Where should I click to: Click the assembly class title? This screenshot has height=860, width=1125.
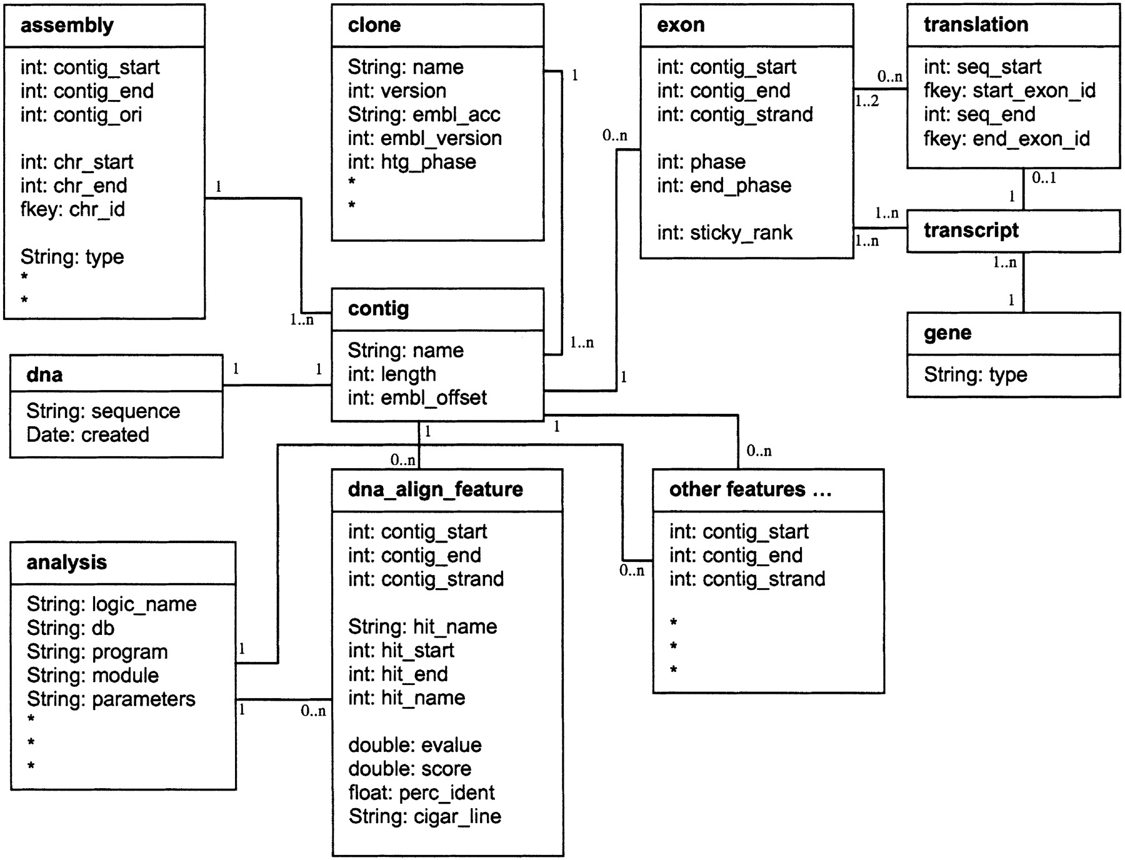(x=67, y=26)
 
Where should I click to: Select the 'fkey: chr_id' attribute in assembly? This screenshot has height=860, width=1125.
(x=72, y=209)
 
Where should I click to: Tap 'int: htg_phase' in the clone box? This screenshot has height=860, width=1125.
(x=412, y=162)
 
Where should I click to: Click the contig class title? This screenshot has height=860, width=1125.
(x=378, y=309)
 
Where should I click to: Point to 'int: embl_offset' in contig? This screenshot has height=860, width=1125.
(x=417, y=398)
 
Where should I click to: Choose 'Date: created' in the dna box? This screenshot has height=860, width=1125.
(x=87, y=435)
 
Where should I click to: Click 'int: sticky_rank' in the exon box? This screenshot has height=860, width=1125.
(x=724, y=233)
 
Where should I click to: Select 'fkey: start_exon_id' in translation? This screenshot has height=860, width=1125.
(x=1009, y=91)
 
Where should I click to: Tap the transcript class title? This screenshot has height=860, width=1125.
(x=971, y=231)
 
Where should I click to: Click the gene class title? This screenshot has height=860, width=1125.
(x=947, y=333)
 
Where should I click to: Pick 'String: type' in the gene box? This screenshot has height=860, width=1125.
(x=975, y=375)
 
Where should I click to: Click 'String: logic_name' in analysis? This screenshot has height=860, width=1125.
(x=111, y=604)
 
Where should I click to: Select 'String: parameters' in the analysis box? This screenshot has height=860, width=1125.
(x=111, y=699)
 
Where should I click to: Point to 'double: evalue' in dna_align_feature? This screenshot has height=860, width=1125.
(x=414, y=746)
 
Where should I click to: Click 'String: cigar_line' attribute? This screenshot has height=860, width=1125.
(x=424, y=817)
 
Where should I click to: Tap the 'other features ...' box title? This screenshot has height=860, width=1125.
(x=750, y=489)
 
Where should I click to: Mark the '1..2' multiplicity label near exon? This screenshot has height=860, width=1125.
(x=867, y=101)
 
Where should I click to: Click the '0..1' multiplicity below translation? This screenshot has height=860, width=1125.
(x=1043, y=178)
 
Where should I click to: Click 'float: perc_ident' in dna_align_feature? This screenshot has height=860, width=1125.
(x=421, y=793)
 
